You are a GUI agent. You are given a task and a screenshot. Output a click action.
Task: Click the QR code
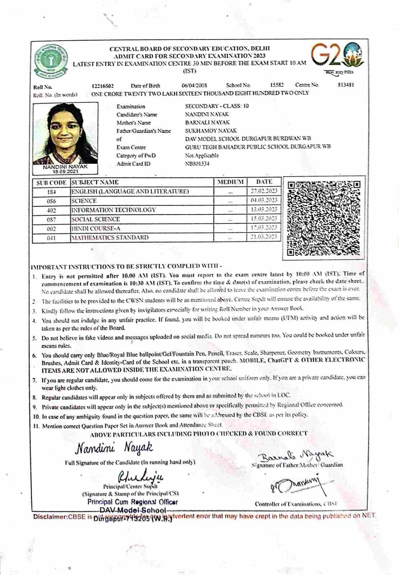coord(324,218)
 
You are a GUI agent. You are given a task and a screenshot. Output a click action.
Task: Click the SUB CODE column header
coord(51,183)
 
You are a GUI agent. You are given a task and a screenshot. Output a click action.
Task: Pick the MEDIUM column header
coord(230,182)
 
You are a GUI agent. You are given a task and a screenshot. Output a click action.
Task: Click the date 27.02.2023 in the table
coord(264,191)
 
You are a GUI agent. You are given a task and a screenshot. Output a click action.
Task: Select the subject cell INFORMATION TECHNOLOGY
coord(114,210)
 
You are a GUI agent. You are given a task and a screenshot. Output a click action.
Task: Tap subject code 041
coord(51,238)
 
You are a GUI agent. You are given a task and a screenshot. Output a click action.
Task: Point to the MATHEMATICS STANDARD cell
coord(110,238)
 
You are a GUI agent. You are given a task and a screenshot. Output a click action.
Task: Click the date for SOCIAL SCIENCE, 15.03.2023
coord(264,218)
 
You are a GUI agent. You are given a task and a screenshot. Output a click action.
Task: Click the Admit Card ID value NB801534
coord(197,164)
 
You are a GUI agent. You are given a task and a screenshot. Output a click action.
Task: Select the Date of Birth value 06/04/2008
coord(194,86)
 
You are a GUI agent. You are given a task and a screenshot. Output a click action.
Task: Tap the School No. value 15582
coord(277,85)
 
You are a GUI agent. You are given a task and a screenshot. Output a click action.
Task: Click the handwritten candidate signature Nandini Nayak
coord(114,448)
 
